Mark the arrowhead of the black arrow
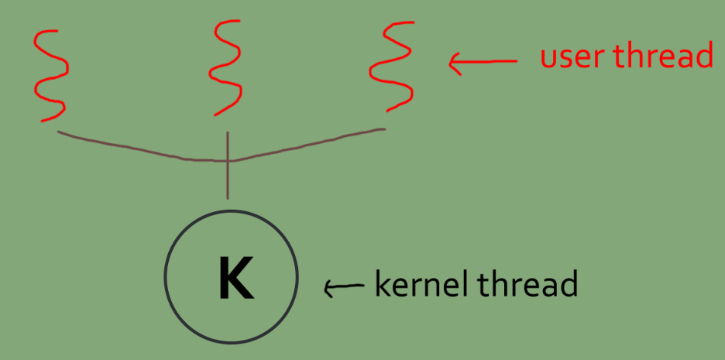327,290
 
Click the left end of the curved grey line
59,132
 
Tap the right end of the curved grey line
384,129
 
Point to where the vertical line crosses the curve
228,160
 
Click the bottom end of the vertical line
228,199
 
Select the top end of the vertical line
228,132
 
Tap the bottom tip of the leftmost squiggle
40,121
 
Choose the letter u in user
548,58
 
